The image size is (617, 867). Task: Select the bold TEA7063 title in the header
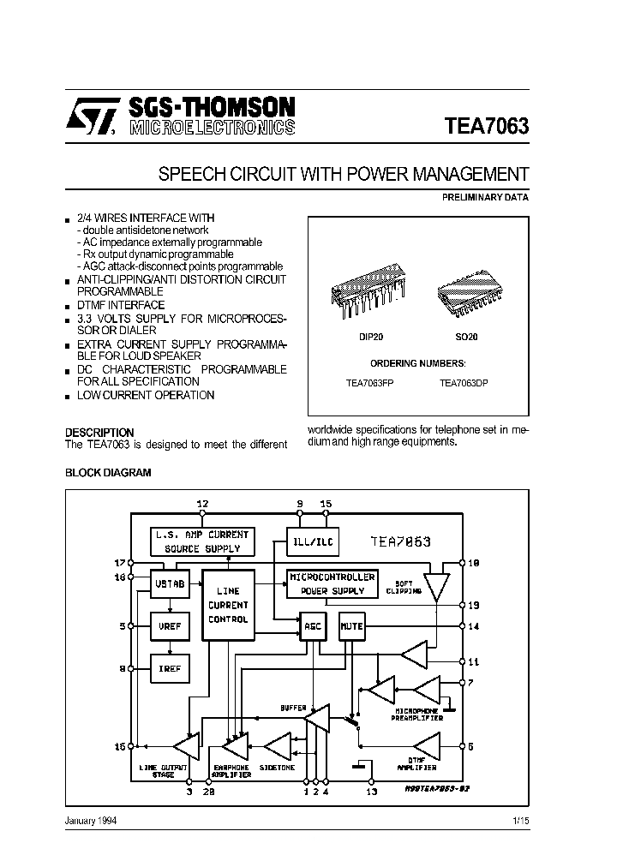487,126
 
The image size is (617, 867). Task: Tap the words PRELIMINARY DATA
485,197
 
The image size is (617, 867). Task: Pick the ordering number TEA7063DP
464,383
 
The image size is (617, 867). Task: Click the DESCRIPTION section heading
99,433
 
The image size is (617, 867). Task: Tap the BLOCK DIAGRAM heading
109,472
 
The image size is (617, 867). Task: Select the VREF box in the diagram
170,626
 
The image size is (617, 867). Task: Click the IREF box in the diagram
170,667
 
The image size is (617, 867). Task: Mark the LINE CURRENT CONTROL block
228,604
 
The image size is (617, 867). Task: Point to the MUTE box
351,626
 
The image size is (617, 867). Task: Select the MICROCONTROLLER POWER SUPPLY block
331,583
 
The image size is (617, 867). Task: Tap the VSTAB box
170,583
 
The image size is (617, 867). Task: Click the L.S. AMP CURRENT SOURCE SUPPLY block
201,541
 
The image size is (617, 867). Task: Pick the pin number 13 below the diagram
371,792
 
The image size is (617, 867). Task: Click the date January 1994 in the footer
92,821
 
